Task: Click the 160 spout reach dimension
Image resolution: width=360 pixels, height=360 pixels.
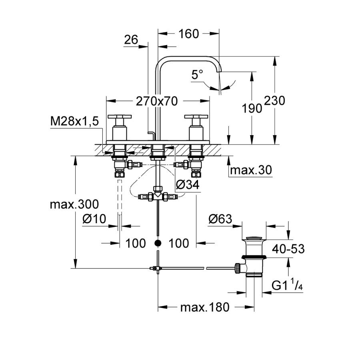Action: [x=189, y=34]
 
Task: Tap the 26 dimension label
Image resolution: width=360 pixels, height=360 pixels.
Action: [x=131, y=40]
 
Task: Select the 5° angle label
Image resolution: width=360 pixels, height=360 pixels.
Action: [x=197, y=74]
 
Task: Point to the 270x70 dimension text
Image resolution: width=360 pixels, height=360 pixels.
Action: [x=156, y=102]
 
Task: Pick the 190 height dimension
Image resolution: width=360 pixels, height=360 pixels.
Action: [x=251, y=108]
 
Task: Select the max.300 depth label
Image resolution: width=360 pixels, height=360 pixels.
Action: [x=74, y=204]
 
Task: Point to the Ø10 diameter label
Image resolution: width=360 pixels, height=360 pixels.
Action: [x=94, y=219]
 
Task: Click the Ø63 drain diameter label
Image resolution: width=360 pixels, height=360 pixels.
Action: [x=220, y=219]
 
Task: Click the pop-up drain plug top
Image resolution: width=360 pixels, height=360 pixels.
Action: [x=254, y=239]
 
